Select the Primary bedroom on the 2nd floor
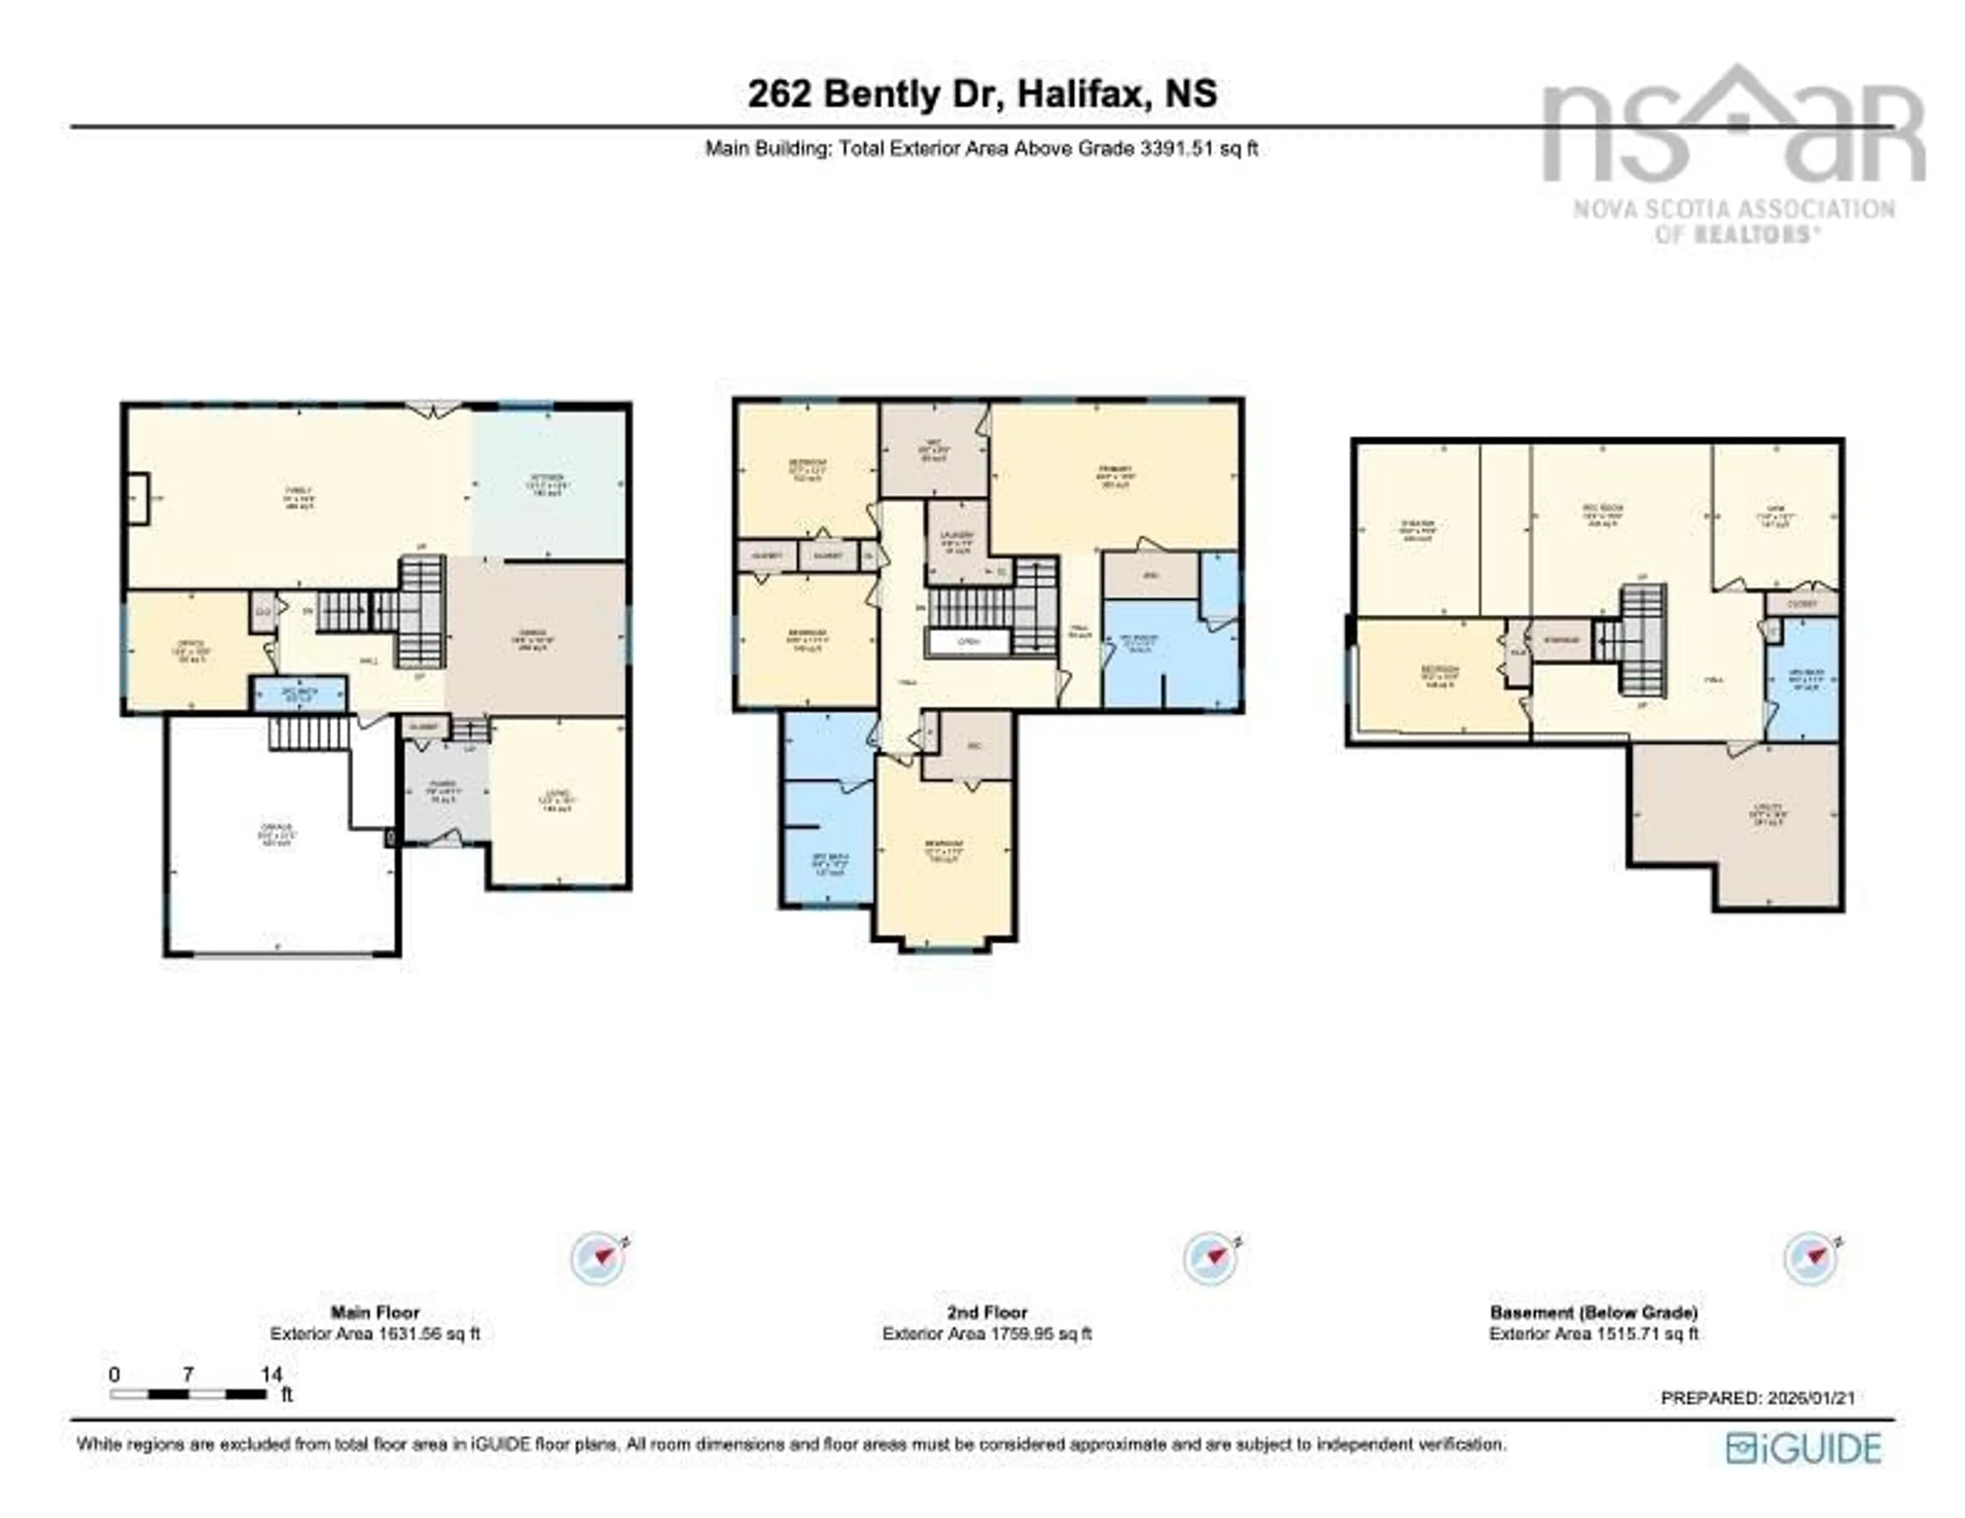pos(1116,477)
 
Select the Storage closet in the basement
pos(1561,640)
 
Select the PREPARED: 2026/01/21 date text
pos(1757,1397)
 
